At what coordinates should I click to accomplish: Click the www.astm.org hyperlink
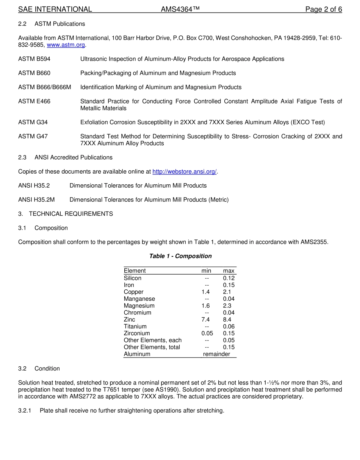point(66,45)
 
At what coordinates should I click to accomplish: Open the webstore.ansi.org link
point(184,171)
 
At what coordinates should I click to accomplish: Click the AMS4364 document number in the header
point(180,9)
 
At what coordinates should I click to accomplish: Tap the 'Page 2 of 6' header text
point(324,9)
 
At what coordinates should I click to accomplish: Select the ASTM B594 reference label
point(34,59)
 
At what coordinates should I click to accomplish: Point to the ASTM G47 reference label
point(33,137)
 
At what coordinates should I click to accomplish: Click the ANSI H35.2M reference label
point(36,199)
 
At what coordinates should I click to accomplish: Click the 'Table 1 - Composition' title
point(180,256)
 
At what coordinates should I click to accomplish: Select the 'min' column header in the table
point(206,271)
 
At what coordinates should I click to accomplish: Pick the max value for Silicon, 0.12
point(229,278)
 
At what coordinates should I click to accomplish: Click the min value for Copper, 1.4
point(205,292)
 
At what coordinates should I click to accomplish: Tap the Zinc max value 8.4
point(227,320)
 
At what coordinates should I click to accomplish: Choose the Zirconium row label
point(137,333)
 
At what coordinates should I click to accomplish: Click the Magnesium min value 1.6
point(205,306)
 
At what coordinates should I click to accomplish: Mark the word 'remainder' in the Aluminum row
point(216,354)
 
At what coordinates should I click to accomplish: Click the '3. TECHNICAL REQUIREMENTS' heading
point(66,214)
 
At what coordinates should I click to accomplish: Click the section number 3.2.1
point(25,411)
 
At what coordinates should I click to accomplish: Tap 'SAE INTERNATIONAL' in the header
point(55,9)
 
